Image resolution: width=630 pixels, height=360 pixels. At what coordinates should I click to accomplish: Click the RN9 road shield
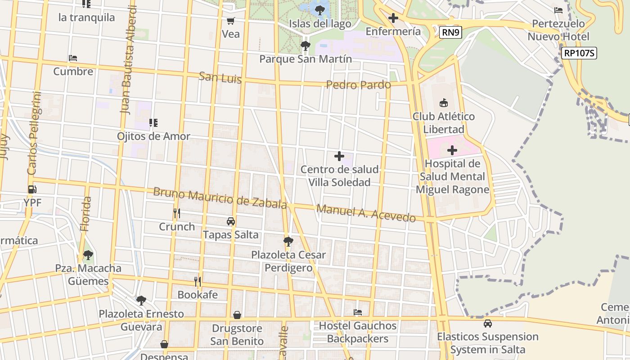pos(450,32)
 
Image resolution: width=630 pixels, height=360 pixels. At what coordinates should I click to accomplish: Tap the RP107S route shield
pos(579,53)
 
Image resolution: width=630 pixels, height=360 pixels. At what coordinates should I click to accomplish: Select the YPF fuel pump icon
pos(32,189)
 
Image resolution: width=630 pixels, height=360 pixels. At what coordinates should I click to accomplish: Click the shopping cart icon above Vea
pos(231,21)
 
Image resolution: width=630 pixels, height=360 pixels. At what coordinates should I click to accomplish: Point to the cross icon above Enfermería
pos(393,18)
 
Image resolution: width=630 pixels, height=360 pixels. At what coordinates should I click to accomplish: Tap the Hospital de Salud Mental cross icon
pos(452,150)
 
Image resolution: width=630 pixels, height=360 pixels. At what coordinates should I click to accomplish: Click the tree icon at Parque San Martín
pos(306,45)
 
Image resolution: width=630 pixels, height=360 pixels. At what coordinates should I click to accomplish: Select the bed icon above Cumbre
pos(73,58)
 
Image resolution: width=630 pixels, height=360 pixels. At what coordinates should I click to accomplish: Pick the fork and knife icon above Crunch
pos(177,213)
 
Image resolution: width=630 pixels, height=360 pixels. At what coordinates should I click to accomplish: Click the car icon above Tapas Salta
pos(231,221)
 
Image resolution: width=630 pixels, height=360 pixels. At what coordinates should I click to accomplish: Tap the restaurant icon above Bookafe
pos(198,282)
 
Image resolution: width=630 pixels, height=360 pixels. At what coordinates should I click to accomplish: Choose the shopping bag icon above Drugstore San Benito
pos(237,315)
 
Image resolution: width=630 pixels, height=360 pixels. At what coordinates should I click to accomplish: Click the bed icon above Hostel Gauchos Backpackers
pos(358,312)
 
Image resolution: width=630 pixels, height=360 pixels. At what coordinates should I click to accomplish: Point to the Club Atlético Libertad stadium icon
pos(444,103)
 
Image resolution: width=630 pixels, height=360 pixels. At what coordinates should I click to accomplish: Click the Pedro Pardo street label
pos(358,85)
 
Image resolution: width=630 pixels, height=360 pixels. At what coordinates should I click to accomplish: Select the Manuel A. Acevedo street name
pos(366,213)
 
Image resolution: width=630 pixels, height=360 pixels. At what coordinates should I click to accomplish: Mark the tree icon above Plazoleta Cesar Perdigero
pos(288,242)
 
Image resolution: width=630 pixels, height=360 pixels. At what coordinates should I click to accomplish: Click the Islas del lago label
pos(320,24)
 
